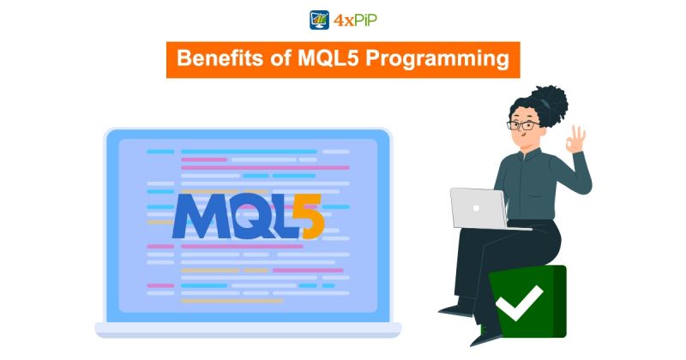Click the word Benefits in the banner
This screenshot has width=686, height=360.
[214, 60]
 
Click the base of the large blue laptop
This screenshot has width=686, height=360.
[248, 329]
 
